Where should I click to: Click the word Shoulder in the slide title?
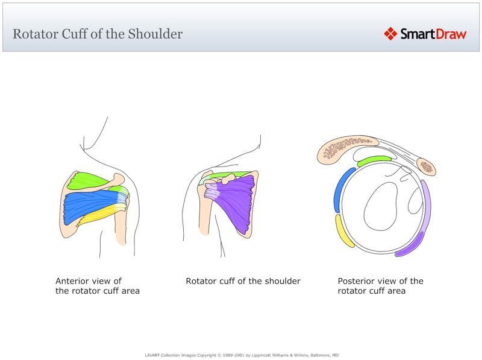point(155,34)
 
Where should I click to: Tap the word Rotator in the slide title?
point(35,34)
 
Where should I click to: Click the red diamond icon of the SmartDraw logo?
point(390,34)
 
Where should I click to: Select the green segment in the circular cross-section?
point(374,161)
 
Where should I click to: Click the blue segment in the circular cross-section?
point(342,189)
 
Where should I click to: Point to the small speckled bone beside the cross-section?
point(427,167)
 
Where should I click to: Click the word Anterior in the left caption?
point(74,281)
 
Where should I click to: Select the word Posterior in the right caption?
point(357,281)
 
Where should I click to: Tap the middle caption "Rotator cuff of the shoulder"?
point(243,281)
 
